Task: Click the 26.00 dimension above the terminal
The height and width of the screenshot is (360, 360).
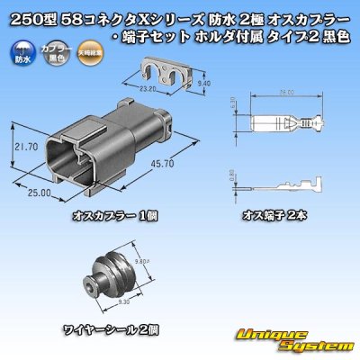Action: pyautogui.click(x=287, y=92)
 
